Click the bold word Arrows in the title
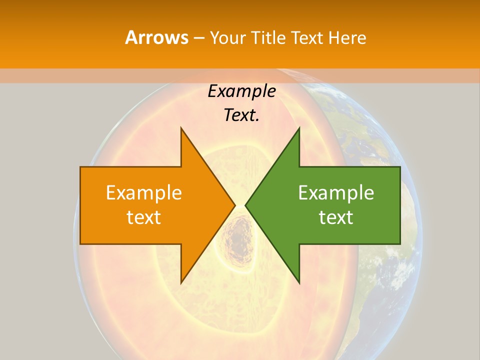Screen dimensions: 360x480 [x=156, y=37]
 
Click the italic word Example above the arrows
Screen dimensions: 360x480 [x=241, y=91]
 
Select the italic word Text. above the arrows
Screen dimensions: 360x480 [x=241, y=115]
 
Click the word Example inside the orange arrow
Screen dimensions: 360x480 [x=144, y=193]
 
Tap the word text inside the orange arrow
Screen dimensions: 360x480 [x=144, y=217]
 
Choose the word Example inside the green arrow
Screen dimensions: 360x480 [x=336, y=193]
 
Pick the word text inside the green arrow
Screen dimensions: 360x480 [x=336, y=217]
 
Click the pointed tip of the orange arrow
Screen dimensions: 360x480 [x=234, y=205]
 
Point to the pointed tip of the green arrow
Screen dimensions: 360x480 [x=246, y=205]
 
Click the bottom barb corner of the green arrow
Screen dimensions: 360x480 [x=299, y=282]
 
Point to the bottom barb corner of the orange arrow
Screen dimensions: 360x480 [x=181, y=282]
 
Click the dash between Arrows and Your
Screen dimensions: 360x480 [x=198, y=37]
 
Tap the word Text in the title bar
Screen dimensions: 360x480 [x=307, y=37]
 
